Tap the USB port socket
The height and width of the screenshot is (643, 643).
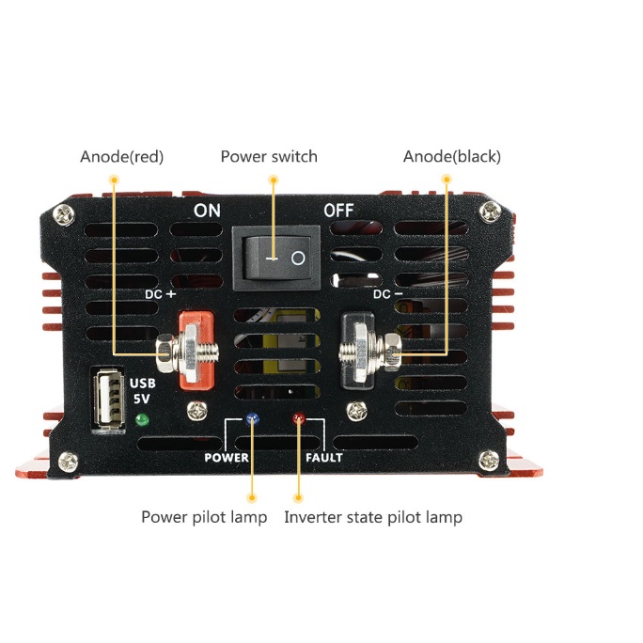(x=108, y=401)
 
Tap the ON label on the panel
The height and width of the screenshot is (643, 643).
(x=207, y=211)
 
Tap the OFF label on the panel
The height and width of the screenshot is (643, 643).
(x=338, y=211)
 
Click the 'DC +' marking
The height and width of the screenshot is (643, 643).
(x=161, y=294)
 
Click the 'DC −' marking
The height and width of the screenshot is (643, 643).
(x=388, y=294)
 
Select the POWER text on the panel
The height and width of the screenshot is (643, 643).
(x=227, y=458)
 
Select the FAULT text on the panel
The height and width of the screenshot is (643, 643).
(x=324, y=458)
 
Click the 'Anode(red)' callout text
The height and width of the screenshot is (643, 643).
(x=122, y=157)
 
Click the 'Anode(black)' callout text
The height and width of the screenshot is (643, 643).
(x=452, y=157)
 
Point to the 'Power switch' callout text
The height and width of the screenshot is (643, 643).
(x=269, y=157)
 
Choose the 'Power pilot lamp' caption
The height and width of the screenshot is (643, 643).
(x=204, y=517)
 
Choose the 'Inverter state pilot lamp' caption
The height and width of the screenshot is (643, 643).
(x=373, y=517)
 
